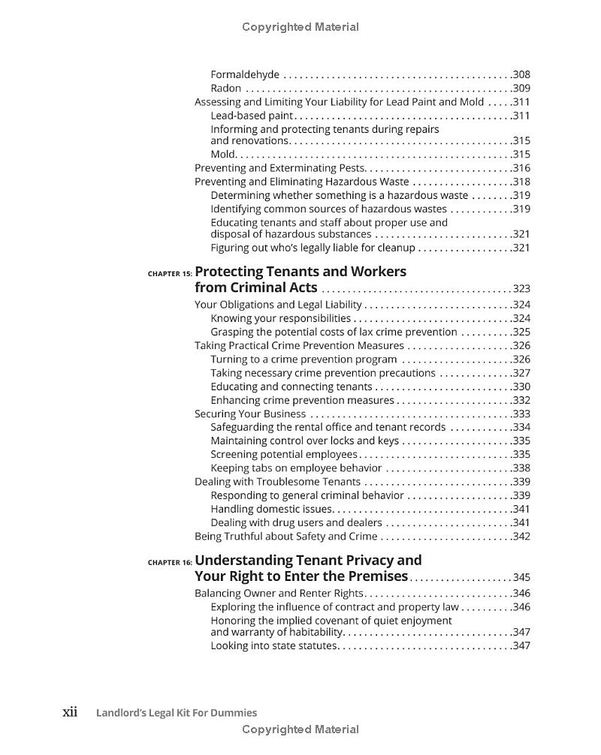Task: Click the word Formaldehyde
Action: tap(245, 74)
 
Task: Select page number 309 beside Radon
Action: tap(521, 89)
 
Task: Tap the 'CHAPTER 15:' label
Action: tap(170, 274)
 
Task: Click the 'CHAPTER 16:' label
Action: tap(170, 562)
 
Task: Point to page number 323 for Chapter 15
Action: tap(521, 289)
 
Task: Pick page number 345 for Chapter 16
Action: tap(521, 577)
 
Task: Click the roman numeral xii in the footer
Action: tap(70, 712)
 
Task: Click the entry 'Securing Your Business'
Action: tap(250, 414)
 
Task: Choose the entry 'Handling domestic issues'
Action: tap(270, 509)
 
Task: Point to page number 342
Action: tap(521, 537)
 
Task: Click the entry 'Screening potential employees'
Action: tap(284, 454)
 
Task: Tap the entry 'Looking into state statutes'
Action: tap(273, 645)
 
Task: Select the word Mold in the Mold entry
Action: tap(223, 155)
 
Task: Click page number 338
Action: tap(521, 468)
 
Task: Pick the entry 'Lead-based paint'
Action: tap(252, 116)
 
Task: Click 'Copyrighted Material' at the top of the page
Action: tap(300, 27)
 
